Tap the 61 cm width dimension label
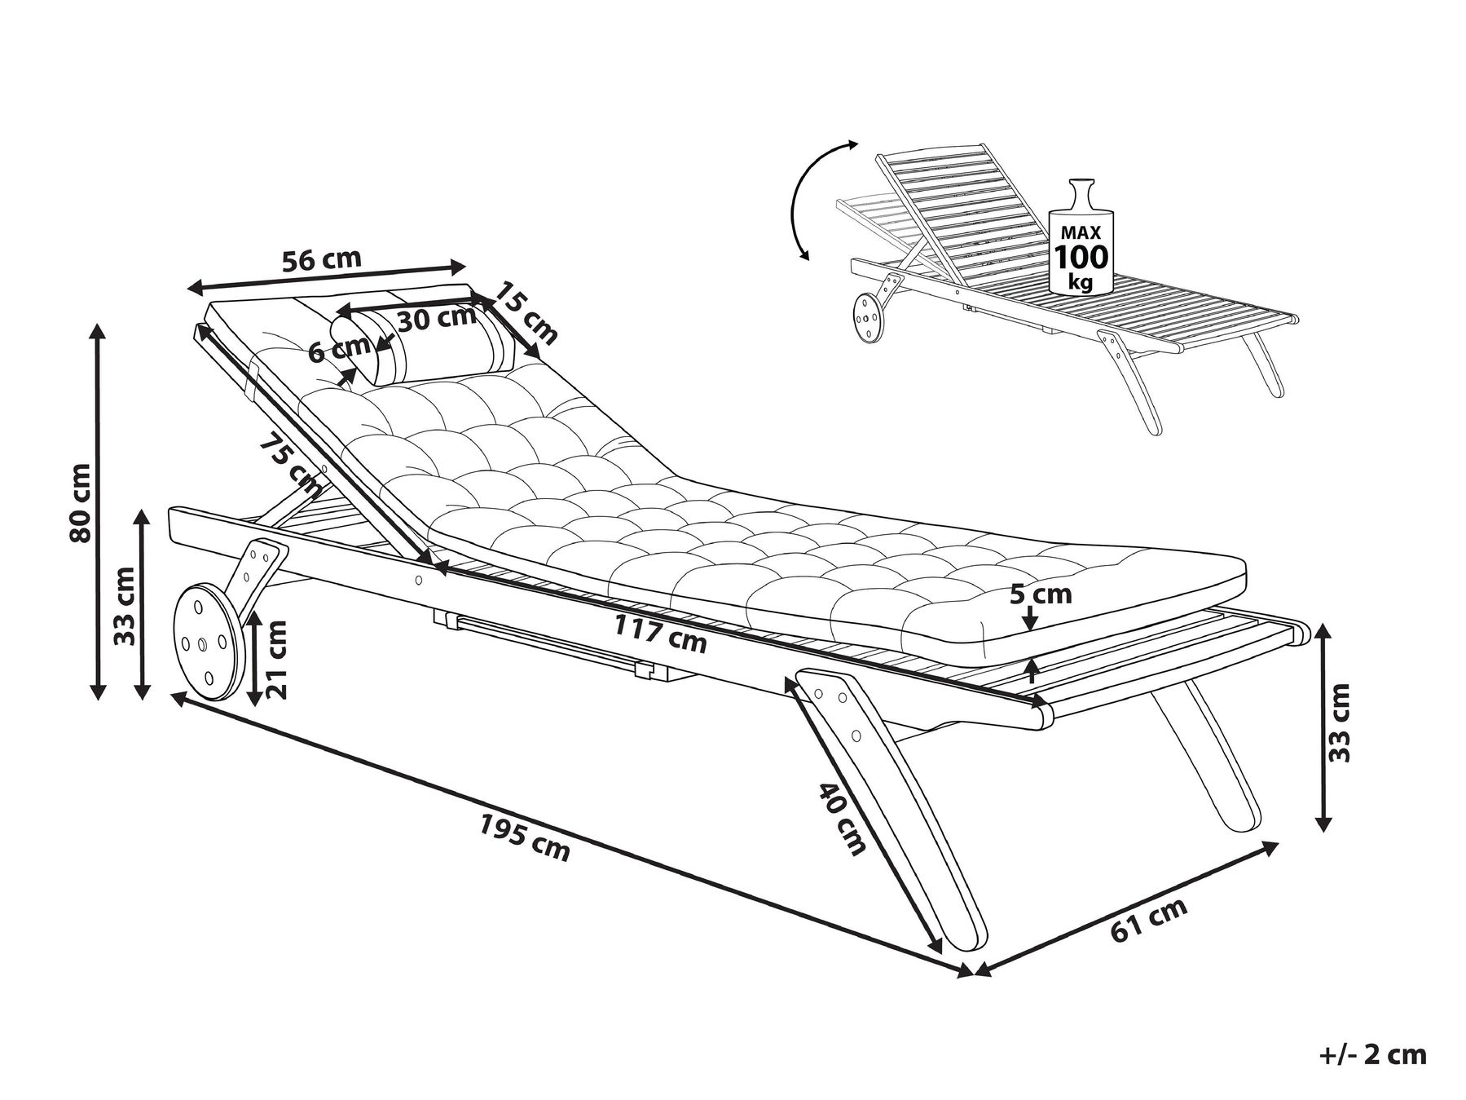(x=1149, y=920)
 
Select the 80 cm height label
(x=81, y=503)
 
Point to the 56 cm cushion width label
(x=321, y=260)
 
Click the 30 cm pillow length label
(x=437, y=318)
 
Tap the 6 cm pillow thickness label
(x=339, y=349)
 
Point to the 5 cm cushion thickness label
(x=1041, y=594)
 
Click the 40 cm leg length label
(x=842, y=819)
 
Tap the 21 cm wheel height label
(x=276, y=659)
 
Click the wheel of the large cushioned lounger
(x=207, y=641)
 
